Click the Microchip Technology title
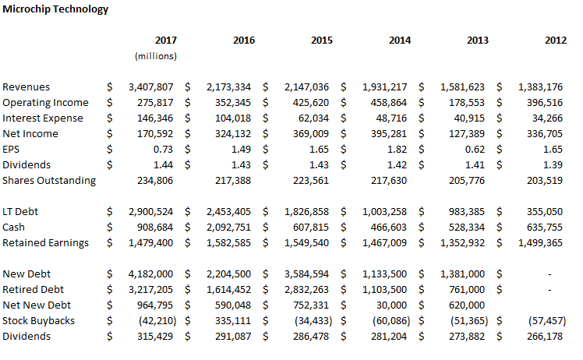click(x=55, y=9)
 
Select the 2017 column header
click(x=166, y=41)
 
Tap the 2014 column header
click(x=400, y=41)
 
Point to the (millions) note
click(x=156, y=56)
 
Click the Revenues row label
click(x=26, y=87)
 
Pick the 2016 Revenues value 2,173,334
click(x=228, y=87)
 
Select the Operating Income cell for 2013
click(x=467, y=103)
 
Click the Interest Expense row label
click(x=43, y=118)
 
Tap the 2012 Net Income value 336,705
click(x=545, y=134)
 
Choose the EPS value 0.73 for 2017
click(x=163, y=150)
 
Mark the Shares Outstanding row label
click(x=49, y=181)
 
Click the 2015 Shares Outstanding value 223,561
click(x=311, y=181)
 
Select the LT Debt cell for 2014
click(x=385, y=212)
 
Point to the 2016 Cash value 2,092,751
click(x=228, y=228)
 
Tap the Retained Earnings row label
click(x=45, y=243)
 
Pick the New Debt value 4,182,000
click(x=150, y=274)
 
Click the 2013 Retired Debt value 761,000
click(x=467, y=290)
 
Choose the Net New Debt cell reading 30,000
click(x=391, y=305)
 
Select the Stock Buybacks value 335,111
click(x=233, y=321)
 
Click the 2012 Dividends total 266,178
click(x=545, y=337)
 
